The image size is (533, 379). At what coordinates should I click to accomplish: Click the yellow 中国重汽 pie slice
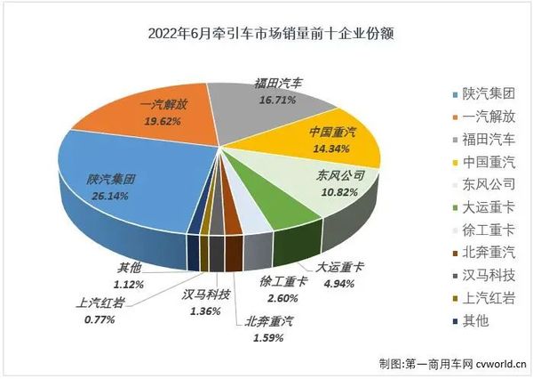pyautogui.click(x=338, y=142)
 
